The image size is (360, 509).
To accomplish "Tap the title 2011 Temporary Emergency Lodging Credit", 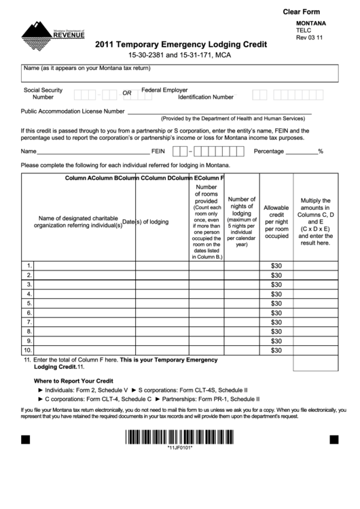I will [181, 45].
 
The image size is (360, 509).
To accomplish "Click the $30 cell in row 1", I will [276, 266].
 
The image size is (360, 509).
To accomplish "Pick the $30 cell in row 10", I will [276, 351].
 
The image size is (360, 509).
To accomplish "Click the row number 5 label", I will [29, 303].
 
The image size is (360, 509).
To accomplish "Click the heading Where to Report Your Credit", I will [73, 381].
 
